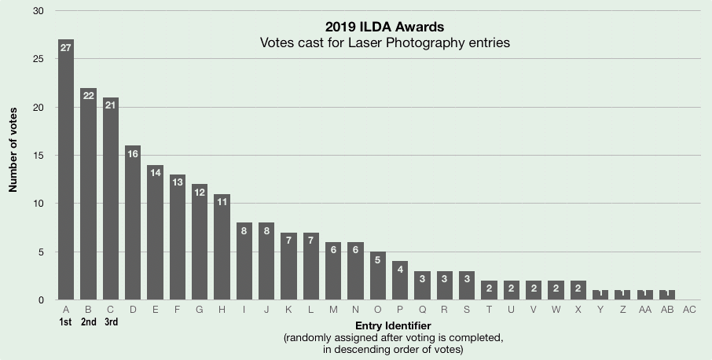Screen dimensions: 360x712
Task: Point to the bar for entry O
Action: click(x=377, y=276)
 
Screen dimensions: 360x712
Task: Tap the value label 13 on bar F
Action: click(x=178, y=182)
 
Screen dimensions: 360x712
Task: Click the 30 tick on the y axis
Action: click(x=39, y=11)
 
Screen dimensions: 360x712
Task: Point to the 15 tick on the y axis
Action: click(x=39, y=156)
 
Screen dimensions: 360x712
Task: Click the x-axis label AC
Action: click(x=689, y=310)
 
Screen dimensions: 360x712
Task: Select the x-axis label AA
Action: click(x=644, y=310)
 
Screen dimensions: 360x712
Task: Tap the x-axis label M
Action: click(x=333, y=310)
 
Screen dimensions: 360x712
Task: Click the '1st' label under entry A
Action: click(x=66, y=322)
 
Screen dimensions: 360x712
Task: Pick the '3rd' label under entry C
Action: click(x=111, y=322)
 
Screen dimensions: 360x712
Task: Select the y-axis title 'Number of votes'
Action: click(x=13, y=156)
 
